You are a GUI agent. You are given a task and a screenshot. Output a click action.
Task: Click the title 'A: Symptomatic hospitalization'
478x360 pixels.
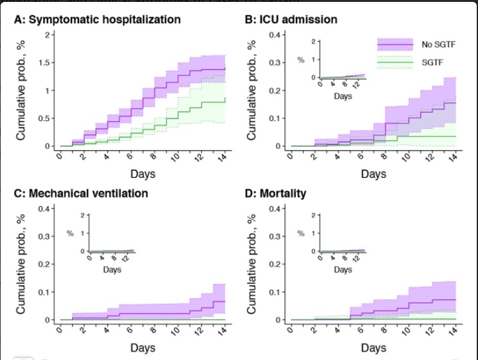click(97, 19)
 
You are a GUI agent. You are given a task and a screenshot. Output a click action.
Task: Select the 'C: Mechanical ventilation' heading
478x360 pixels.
click(81, 193)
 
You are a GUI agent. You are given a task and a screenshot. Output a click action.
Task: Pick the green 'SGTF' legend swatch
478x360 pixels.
click(394, 62)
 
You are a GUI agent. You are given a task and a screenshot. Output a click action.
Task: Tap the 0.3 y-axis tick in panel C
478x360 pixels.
click(42, 236)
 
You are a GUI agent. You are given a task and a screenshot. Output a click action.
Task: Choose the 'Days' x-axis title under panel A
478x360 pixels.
click(142, 175)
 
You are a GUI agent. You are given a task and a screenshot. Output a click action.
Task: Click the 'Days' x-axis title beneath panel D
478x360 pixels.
click(374, 348)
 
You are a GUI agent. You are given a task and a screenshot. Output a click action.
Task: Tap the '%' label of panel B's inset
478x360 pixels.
click(300, 59)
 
